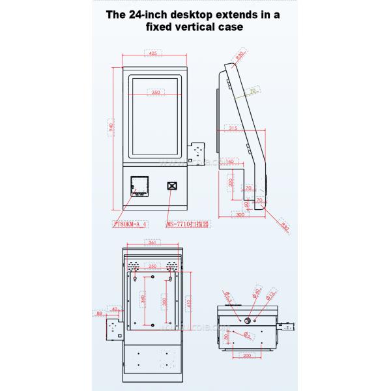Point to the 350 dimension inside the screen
[x=156, y=93]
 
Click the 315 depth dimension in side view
[x=233, y=128]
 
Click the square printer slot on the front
[x=138, y=185]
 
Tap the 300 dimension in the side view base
[x=240, y=214]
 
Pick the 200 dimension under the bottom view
[x=248, y=355]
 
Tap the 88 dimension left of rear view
[x=98, y=314]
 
